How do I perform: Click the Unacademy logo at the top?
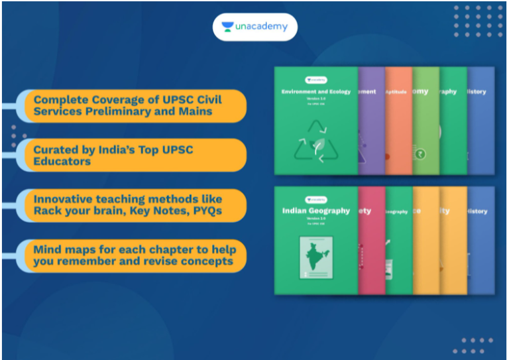[x=254, y=27]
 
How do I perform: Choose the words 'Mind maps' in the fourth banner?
[x=62, y=249]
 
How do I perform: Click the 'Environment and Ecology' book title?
[x=315, y=92]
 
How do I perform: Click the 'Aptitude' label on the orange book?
[x=398, y=92]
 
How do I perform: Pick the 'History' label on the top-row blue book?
[x=477, y=92]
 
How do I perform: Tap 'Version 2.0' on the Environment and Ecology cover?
[x=315, y=100]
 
